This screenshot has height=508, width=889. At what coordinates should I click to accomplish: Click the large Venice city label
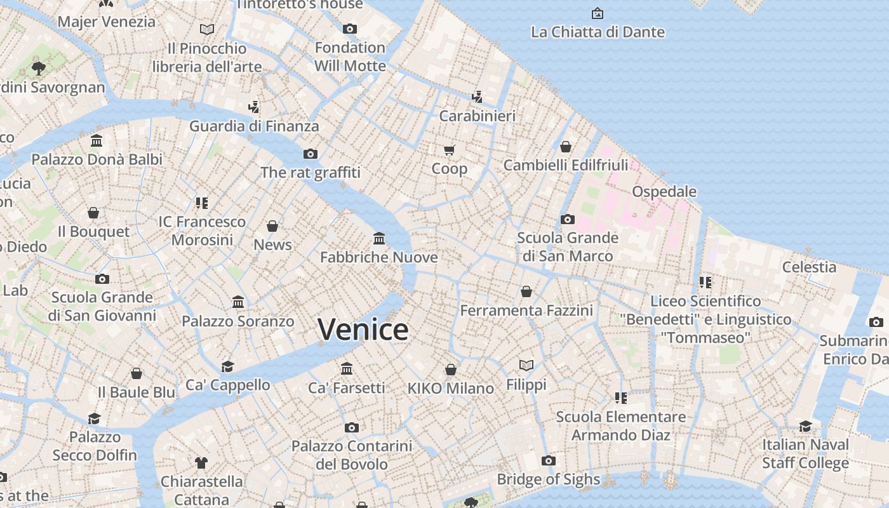(x=363, y=330)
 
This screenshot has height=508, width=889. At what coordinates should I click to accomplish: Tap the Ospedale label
(x=664, y=191)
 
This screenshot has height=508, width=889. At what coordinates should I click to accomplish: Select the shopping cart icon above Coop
(x=449, y=150)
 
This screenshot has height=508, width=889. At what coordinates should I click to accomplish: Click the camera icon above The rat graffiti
(x=310, y=154)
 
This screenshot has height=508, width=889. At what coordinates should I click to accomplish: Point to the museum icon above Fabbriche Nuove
(x=379, y=238)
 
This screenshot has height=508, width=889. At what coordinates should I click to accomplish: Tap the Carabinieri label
(x=477, y=116)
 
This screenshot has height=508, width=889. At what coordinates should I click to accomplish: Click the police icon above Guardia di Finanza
(x=254, y=107)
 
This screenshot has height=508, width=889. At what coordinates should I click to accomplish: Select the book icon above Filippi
(x=526, y=365)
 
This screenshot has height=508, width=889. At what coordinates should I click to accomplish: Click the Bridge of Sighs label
(x=548, y=479)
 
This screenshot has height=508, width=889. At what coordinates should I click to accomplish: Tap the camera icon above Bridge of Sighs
(x=548, y=460)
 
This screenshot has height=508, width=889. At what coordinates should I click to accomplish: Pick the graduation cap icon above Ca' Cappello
(x=227, y=366)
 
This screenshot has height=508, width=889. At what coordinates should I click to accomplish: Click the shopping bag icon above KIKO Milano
(x=450, y=370)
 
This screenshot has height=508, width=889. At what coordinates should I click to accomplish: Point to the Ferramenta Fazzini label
(x=526, y=311)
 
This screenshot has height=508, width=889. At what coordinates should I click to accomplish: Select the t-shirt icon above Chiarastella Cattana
(x=201, y=462)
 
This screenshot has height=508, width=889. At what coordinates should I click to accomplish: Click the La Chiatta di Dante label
(x=597, y=32)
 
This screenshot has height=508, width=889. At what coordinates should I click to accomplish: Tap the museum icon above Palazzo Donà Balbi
(x=97, y=140)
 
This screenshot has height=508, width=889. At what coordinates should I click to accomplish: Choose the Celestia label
(x=808, y=267)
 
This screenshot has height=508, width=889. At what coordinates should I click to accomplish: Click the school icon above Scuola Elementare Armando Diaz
(x=620, y=398)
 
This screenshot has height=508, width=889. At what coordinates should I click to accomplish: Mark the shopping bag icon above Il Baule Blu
(x=136, y=373)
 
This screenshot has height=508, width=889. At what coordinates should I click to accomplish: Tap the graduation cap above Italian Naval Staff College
(x=805, y=426)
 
